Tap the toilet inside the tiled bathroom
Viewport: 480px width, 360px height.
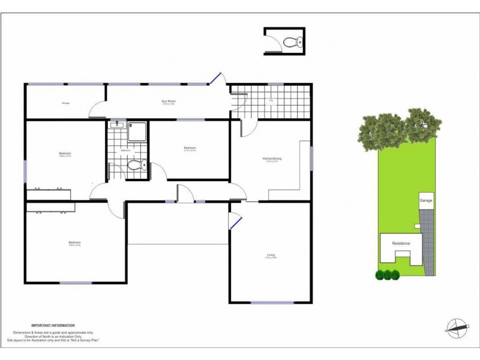click(x=136, y=166)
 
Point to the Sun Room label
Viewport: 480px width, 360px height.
click(x=168, y=102)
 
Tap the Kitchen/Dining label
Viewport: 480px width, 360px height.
click(x=272, y=159)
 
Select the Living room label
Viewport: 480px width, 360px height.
click(x=271, y=256)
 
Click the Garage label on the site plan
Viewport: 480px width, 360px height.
click(x=426, y=200)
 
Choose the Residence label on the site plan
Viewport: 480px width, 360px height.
click(x=401, y=243)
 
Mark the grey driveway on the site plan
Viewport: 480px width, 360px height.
click(x=427, y=246)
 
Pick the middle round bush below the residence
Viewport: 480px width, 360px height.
click(x=388, y=275)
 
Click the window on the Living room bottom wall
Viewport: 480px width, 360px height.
click(x=272, y=302)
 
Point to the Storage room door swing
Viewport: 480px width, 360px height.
click(x=95, y=110)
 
